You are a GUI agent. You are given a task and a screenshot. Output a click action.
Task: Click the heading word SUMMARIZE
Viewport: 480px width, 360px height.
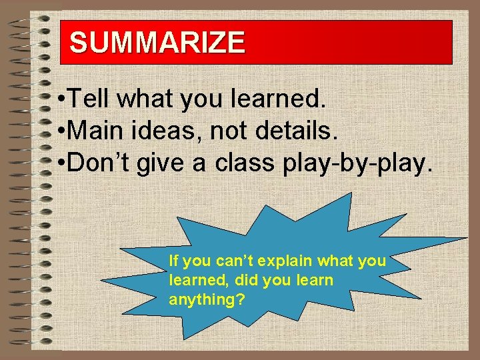coord(157,43)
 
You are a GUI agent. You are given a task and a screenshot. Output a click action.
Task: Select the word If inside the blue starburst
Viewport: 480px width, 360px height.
coord(174,260)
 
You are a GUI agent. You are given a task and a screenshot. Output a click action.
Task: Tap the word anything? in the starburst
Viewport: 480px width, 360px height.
coord(207,300)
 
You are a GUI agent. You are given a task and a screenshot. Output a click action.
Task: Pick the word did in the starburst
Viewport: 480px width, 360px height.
coord(247,280)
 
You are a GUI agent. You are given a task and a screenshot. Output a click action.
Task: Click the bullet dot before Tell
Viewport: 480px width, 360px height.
coord(61,101)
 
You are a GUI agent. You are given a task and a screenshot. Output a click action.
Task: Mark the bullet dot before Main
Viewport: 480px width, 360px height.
coord(61,132)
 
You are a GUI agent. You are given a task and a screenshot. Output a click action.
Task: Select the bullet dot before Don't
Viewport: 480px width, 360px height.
coord(61,163)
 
